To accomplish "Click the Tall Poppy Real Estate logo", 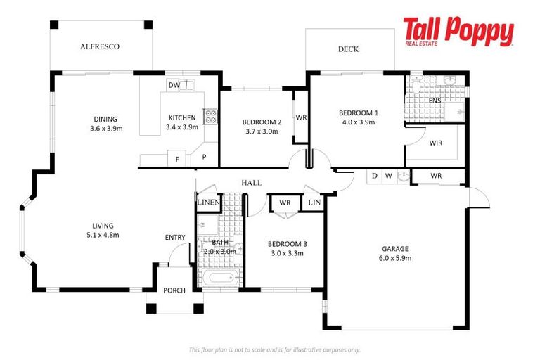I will (458, 33).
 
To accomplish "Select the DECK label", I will (348, 49).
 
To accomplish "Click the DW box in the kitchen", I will (174, 85).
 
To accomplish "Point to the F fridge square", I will (177, 159).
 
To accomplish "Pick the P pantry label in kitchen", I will (205, 157).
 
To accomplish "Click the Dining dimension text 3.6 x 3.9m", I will (106, 129).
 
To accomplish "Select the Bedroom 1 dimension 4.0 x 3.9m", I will (358, 122).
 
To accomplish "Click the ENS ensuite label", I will (436, 101).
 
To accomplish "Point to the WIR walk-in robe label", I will (435, 143).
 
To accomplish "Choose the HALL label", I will (251, 182).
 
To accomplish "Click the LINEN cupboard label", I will (208, 203).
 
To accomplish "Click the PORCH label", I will (174, 290).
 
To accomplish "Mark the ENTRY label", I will (175, 238).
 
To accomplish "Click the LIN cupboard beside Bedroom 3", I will (314, 202).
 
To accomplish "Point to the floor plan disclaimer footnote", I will (274, 349).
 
